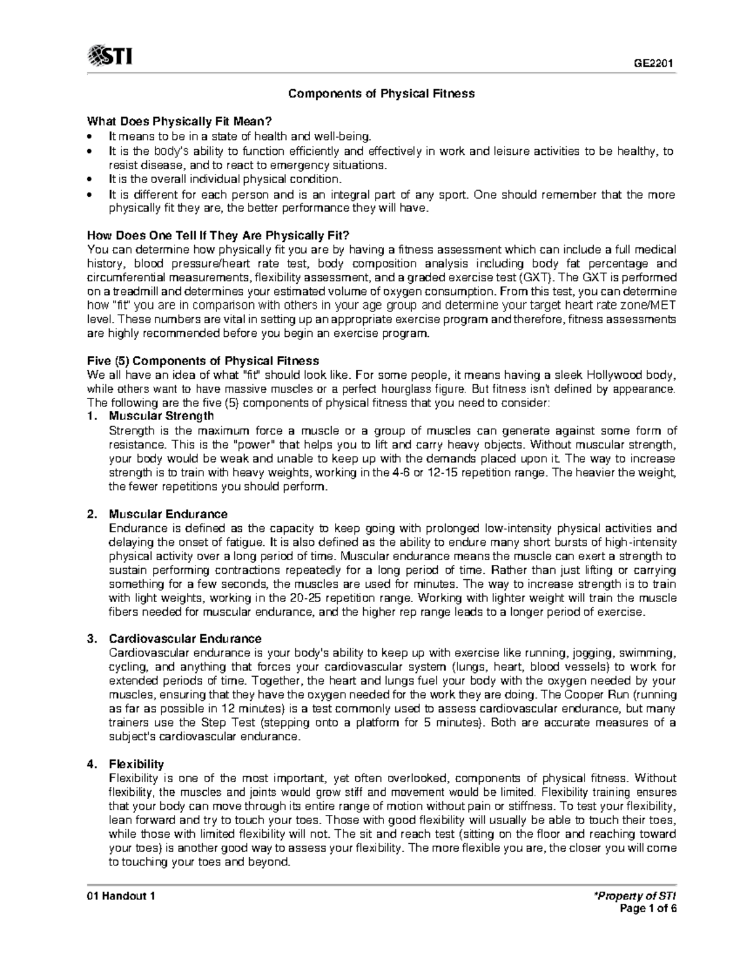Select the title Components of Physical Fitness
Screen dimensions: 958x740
[382, 94]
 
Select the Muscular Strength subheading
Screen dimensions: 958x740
[161, 416]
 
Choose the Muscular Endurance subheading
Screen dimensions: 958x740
[168, 514]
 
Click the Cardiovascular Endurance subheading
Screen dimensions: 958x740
[185, 638]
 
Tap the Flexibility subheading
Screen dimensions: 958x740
[136, 764]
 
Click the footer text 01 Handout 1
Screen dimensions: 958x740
[121, 896]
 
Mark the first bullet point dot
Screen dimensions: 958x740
[91, 136]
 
